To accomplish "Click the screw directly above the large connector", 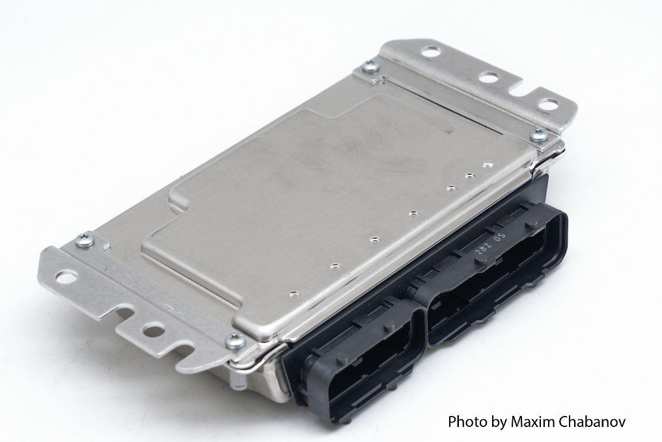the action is tap(538, 135).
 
